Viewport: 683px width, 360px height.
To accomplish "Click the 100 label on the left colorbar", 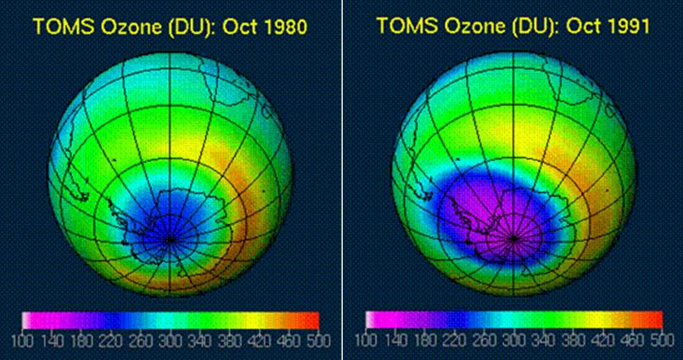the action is pos(22,340).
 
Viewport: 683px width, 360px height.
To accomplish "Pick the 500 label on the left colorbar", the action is pos(318,340).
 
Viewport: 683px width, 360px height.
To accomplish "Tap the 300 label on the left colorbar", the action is pos(171,340).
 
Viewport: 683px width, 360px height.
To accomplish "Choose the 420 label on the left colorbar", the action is pos(259,340).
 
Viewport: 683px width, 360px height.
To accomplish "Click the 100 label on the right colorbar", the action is pos(367,340).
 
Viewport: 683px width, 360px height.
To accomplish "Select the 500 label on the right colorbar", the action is pos(662,340).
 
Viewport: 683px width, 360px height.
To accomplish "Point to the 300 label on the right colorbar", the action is pos(514,340).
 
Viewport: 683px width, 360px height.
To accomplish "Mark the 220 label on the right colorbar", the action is pos(455,340).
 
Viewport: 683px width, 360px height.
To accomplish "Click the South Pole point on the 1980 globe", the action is pos(170,239).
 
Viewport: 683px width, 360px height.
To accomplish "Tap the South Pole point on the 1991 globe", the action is pos(514,239).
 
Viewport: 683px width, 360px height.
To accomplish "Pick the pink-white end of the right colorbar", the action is pos(370,319).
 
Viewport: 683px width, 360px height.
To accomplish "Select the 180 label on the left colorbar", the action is pos(81,340).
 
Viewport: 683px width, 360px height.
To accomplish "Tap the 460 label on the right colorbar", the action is pos(633,340).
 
